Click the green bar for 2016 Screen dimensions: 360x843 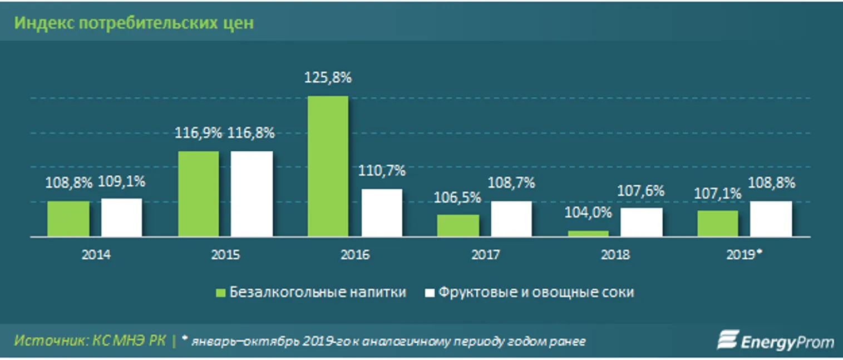point(328,166)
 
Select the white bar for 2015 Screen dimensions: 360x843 point(252,194)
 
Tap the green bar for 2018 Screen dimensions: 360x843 point(588,234)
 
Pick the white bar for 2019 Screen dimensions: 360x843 point(771,219)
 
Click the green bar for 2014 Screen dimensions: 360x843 point(68,219)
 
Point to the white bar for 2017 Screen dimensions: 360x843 point(511,219)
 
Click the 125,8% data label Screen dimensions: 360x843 point(328,78)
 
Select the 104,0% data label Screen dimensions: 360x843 point(589,213)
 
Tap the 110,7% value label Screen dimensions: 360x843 point(382,171)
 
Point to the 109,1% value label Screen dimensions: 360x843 point(122,181)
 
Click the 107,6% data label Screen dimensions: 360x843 point(642,191)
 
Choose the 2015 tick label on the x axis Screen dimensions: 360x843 point(225,255)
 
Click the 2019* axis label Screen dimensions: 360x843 point(744,254)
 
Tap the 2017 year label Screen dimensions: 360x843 point(485,255)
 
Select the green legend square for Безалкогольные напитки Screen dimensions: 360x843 point(220,292)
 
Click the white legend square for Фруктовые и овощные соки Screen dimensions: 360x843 point(429,292)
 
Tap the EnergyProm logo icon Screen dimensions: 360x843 point(726,341)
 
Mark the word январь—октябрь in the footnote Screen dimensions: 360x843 point(241,342)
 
